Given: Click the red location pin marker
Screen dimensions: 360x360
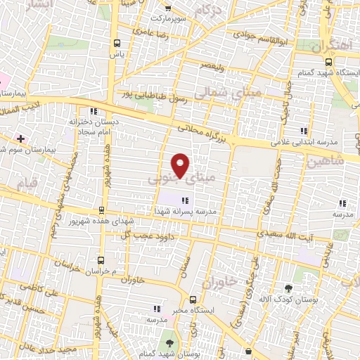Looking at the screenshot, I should pyautogui.click(x=181, y=165).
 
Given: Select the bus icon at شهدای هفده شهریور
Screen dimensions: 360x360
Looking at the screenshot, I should pyautogui.click(x=102, y=210).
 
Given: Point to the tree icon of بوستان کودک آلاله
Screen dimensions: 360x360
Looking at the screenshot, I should pyautogui.click(x=289, y=288).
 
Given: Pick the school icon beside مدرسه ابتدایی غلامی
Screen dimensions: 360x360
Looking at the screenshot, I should pyautogui.click(x=304, y=130).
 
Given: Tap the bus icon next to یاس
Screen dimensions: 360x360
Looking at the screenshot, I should pyautogui.click(x=117, y=42).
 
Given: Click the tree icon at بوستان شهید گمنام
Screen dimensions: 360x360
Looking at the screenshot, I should pyautogui.click(x=169, y=342).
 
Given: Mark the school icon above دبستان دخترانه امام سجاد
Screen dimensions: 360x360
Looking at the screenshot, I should pyautogui.click(x=94, y=110).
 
